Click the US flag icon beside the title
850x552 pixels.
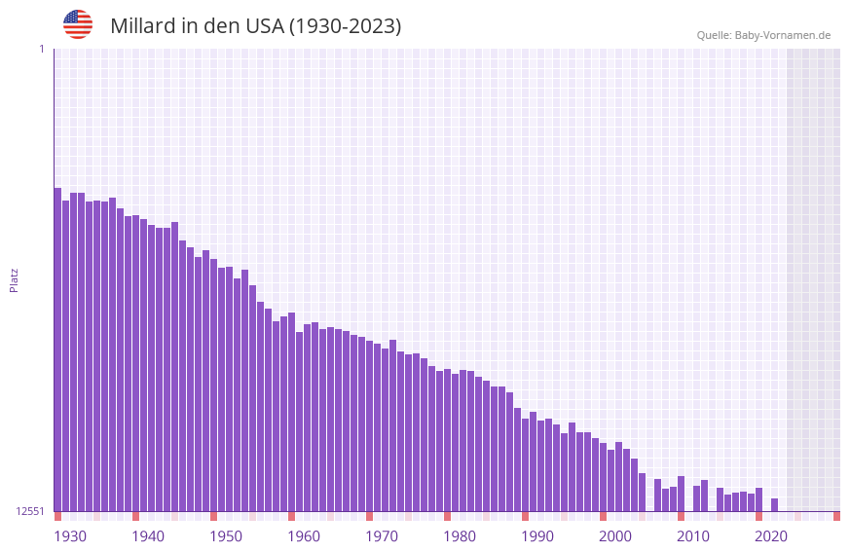click(x=78, y=24)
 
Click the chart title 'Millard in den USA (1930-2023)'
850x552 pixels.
click(x=255, y=26)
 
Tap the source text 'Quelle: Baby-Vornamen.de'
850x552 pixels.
click(x=763, y=35)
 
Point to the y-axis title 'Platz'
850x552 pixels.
click(x=14, y=279)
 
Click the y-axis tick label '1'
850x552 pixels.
click(x=41, y=49)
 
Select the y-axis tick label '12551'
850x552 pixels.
click(x=30, y=511)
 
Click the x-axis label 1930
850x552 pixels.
click(x=70, y=536)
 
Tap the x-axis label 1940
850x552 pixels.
click(x=148, y=536)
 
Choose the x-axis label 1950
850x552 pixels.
click(x=226, y=536)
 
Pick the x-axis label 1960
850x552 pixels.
click(x=304, y=536)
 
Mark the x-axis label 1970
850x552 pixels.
click(x=382, y=536)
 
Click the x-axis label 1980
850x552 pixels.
click(x=460, y=536)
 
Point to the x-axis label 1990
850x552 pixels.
click(x=537, y=536)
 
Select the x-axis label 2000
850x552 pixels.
click(x=615, y=536)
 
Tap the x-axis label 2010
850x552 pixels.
click(x=693, y=536)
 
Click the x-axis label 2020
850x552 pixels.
click(x=771, y=536)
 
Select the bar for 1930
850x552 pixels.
click(x=57, y=350)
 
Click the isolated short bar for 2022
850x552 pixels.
click(x=774, y=505)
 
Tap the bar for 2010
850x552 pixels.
click(x=681, y=494)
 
